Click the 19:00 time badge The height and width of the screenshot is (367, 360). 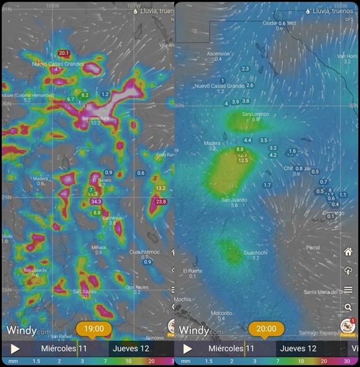(x=93, y=329)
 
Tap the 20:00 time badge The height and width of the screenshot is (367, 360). (x=267, y=329)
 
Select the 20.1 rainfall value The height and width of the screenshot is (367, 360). (x=64, y=53)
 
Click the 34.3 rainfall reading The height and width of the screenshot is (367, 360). (x=96, y=202)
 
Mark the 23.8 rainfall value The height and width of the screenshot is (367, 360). (x=161, y=202)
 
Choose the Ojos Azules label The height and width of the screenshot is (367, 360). (x=137, y=287)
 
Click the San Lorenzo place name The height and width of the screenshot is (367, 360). (x=255, y=114)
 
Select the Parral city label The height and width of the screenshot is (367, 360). (x=313, y=247)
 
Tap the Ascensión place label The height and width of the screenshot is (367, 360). (x=218, y=53)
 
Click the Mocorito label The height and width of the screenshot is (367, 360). (x=221, y=312)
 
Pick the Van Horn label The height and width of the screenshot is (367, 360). (x=347, y=56)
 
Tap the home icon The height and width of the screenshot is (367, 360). (x=348, y=252)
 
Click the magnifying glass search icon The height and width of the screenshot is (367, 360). (x=348, y=307)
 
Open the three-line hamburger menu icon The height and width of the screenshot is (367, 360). (x=348, y=290)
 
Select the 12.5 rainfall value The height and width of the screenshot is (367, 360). (x=243, y=160)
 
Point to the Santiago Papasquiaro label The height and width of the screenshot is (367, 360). (x=326, y=332)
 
